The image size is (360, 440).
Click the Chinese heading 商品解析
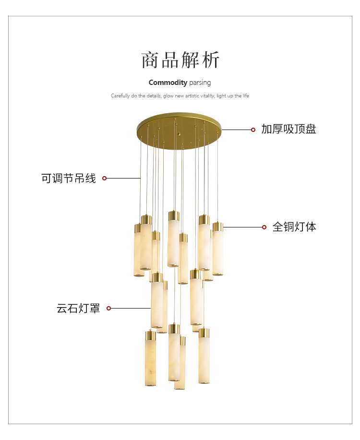[x=180, y=60]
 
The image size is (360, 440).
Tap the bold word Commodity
[x=168, y=83]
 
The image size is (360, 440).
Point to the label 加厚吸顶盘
[x=288, y=129]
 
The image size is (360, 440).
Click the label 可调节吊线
[x=69, y=178]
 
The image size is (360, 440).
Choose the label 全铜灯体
[x=294, y=227]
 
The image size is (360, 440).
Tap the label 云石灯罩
[x=78, y=309]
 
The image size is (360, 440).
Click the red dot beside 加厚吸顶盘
[x=253, y=130]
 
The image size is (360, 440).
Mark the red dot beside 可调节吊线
[x=105, y=178]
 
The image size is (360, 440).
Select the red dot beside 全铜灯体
[x=264, y=227]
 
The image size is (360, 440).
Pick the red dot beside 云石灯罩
[x=108, y=308]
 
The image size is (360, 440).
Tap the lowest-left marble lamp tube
[x=151, y=360]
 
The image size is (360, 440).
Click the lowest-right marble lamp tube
[x=204, y=357]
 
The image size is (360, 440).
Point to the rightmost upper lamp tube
[x=218, y=250]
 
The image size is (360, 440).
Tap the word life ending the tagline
[x=245, y=96]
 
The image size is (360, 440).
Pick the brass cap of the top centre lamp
[x=173, y=215]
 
